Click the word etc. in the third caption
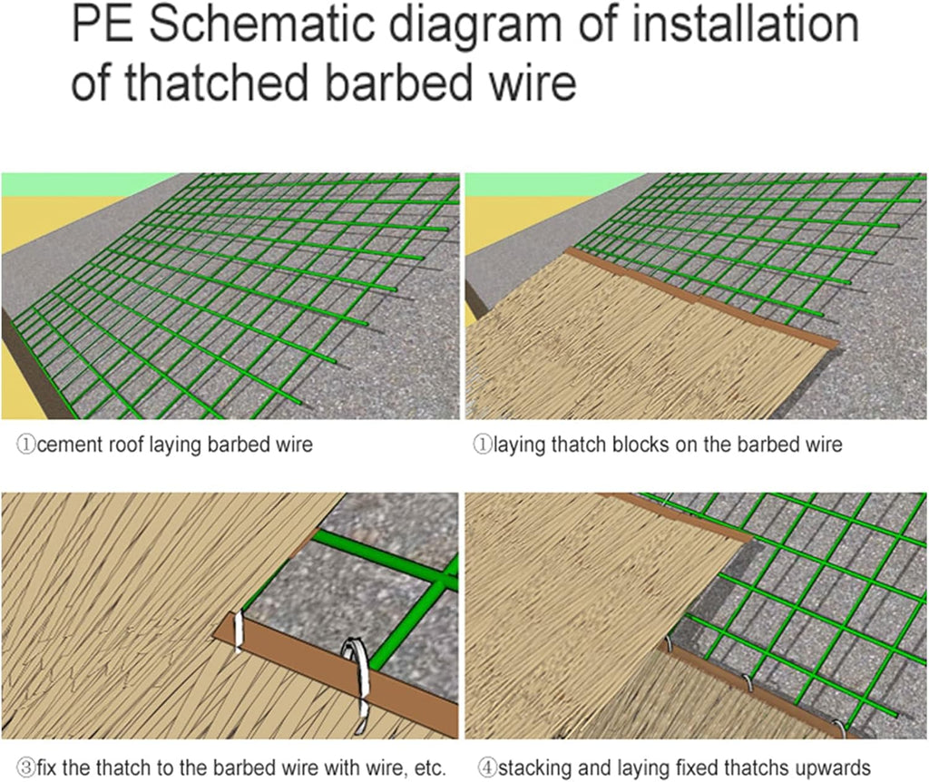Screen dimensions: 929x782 429,768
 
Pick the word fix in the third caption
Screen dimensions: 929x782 47,767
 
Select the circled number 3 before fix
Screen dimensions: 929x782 26,768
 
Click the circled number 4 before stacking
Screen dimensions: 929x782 487,768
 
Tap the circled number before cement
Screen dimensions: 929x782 26,445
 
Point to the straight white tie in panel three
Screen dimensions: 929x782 239,632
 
